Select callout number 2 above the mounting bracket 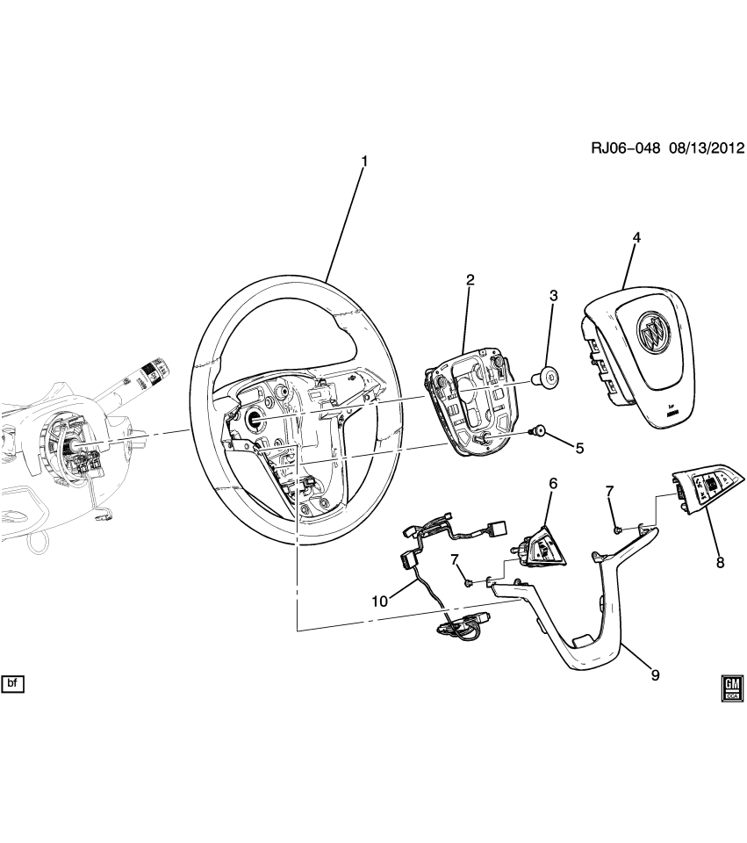(470, 280)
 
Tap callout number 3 (553, 297)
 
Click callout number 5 (579, 448)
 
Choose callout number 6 (553, 483)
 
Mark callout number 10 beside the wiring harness (379, 602)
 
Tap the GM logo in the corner (733, 688)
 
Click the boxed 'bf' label (12, 683)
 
